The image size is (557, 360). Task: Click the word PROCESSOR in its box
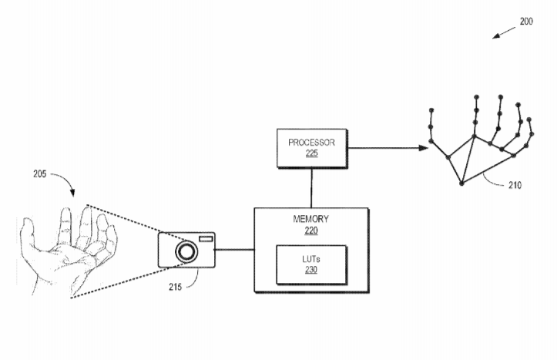(311, 143)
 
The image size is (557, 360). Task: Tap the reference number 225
(311, 153)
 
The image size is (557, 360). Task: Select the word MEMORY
(311, 219)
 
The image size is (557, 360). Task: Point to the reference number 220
(311, 229)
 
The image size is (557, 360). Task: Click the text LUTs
(311, 259)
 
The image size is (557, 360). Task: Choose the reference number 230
(311, 269)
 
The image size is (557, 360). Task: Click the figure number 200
(525, 22)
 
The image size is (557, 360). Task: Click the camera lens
(186, 251)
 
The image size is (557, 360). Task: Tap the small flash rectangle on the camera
(206, 241)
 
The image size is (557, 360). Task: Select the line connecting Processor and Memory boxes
(311, 187)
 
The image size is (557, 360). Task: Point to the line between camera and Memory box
(235, 250)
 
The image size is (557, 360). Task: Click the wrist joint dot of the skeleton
(461, 183)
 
